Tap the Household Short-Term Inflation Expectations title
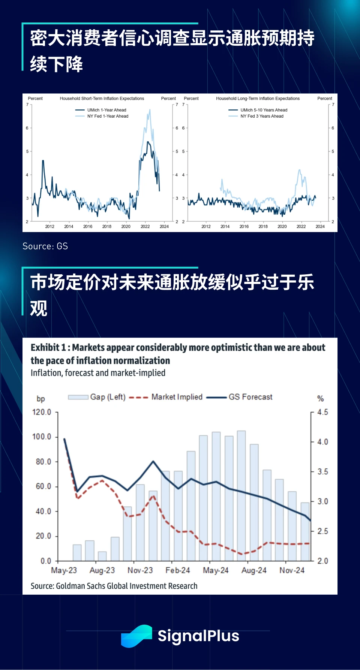coord(102,99)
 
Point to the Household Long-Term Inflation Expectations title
coord(258,99)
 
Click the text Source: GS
coord(45,246)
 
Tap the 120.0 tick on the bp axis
coord(41,412)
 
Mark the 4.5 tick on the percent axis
coord(322,412)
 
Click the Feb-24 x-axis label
coord(178,570)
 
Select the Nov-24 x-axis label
coord(292,570)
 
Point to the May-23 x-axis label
coord(64,570)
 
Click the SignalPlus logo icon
coord(136,636)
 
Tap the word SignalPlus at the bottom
coord(198,636)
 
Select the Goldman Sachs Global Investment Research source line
coord(114,586)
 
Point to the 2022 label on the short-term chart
coord(145,226)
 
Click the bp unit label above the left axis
coord(40,399)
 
